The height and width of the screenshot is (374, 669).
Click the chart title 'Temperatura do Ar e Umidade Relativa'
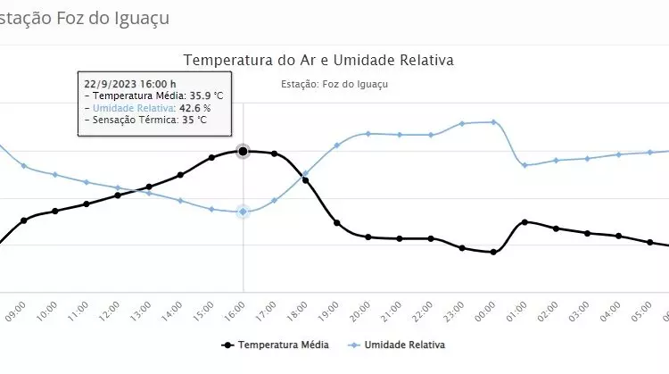[x=318, y=60]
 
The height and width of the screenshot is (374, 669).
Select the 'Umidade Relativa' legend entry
[x=401, y=344]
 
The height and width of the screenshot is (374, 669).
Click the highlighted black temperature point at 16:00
[x=243, y=151]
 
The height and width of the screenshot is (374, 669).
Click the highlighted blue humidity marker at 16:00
[x=243, y=212]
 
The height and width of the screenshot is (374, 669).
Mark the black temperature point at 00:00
[x=493, y=253]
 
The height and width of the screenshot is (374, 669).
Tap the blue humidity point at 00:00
[x=493, y=121]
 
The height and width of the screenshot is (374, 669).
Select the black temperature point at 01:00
[x=524, y=221]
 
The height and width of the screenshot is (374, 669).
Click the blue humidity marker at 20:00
[x=368, y=134]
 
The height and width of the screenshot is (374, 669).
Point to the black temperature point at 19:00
[x=336, y=222]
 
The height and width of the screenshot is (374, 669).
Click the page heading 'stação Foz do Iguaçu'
[x=84, y=17]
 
